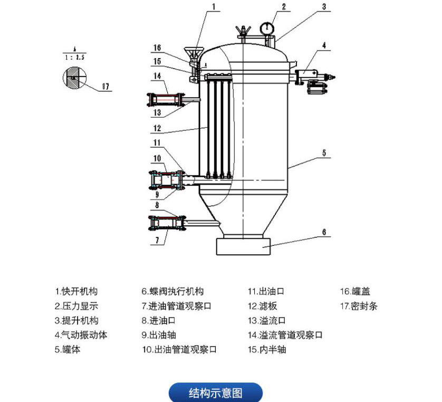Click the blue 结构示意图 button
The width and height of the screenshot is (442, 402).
click(x=215, y=393)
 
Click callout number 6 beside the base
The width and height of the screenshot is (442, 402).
click(x=324, y=232)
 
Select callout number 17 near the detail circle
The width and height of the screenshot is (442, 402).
click(x=106, y=87)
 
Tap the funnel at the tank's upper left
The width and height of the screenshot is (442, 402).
click(x=194, y=53)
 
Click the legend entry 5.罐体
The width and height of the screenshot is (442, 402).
click(x=68, y=349)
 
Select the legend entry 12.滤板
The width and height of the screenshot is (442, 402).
click(x=262, y=306)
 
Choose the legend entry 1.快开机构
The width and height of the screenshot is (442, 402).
click(x=76, y=291)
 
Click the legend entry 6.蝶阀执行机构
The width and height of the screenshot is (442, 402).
click(x=172, y=291)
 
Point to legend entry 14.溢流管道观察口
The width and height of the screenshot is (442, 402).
click(x=285, y=335)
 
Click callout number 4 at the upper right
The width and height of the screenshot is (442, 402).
click(x=325, y=46)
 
